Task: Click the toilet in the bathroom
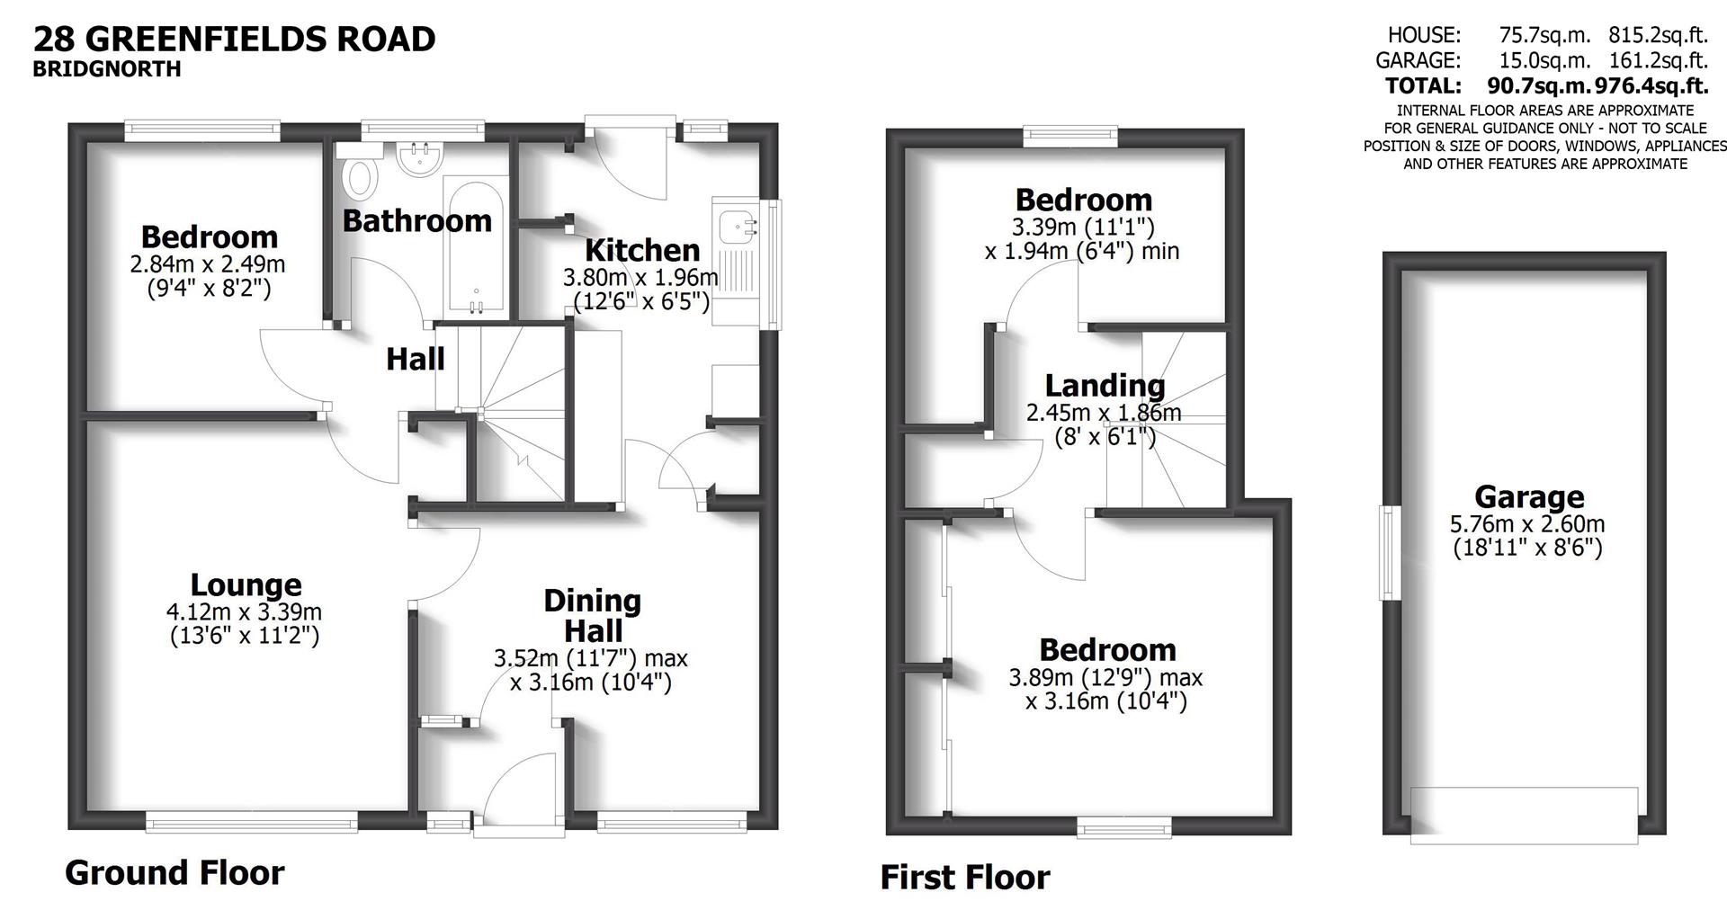point(361,176)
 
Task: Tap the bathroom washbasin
point(418,159)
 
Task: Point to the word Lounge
point(246,585)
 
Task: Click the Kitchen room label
point(641,249)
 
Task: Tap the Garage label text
point(1528,496)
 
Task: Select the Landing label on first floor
point(1105,386)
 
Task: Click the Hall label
point(415,360)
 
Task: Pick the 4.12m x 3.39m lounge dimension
point(244,612)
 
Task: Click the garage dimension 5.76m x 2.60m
point(1527,524)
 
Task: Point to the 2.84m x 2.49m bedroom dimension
point(208,264)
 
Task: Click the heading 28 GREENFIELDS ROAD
point(234,39)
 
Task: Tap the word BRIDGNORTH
point(106,69)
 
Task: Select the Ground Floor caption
point(174,872)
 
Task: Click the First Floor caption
point(964,877)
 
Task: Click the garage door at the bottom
point(1524,816)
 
